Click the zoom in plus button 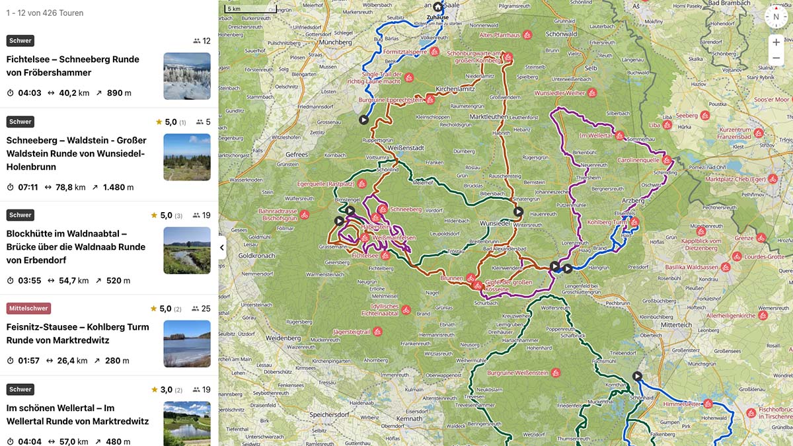(776, 42)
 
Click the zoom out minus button (776, 58)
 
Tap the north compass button (776, 17)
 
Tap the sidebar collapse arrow (222, 248)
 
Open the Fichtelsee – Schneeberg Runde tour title (73, 65)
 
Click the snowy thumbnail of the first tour (187, 76)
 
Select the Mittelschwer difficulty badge (28, 309)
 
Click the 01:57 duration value (28, 361)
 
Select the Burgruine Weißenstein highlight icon (556, 373)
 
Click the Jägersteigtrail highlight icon (377, 331)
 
